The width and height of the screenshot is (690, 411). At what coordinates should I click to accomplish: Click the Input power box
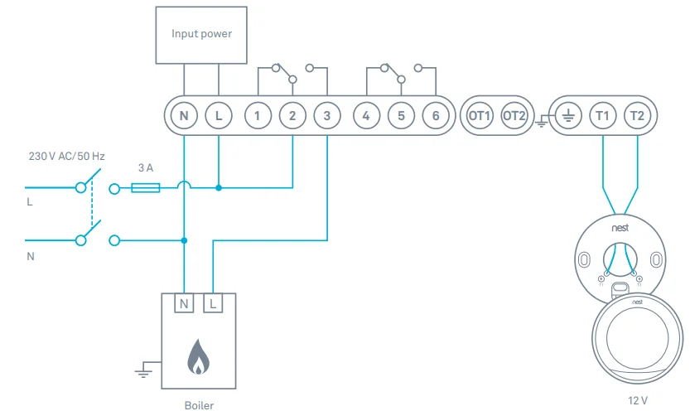[201, 35]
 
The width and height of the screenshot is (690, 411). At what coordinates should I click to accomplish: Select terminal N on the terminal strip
[184, 115]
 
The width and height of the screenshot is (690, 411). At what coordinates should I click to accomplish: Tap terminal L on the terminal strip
[219, 115]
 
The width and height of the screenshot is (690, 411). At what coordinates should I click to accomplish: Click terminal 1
[258, 115]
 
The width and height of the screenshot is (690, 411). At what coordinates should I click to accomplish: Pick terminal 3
[327, 115]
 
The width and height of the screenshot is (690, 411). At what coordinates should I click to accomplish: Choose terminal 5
[401, 115]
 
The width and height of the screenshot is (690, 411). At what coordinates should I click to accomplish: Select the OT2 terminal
[514, 115]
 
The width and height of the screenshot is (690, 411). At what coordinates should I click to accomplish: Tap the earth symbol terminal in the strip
[567, 115]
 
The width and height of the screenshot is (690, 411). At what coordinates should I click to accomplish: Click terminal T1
[602, 115]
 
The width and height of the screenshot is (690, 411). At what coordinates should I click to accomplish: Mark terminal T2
[637, 115]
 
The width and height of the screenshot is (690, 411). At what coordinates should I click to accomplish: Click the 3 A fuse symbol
[147, 188]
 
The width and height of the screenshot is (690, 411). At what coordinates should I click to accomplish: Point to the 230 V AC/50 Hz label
[67, 156]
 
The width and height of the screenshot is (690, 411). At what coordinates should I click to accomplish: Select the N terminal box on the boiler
[184, 304]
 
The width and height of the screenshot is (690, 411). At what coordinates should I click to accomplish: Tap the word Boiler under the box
[198, 405]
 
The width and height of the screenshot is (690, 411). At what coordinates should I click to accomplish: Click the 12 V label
[638, 401]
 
